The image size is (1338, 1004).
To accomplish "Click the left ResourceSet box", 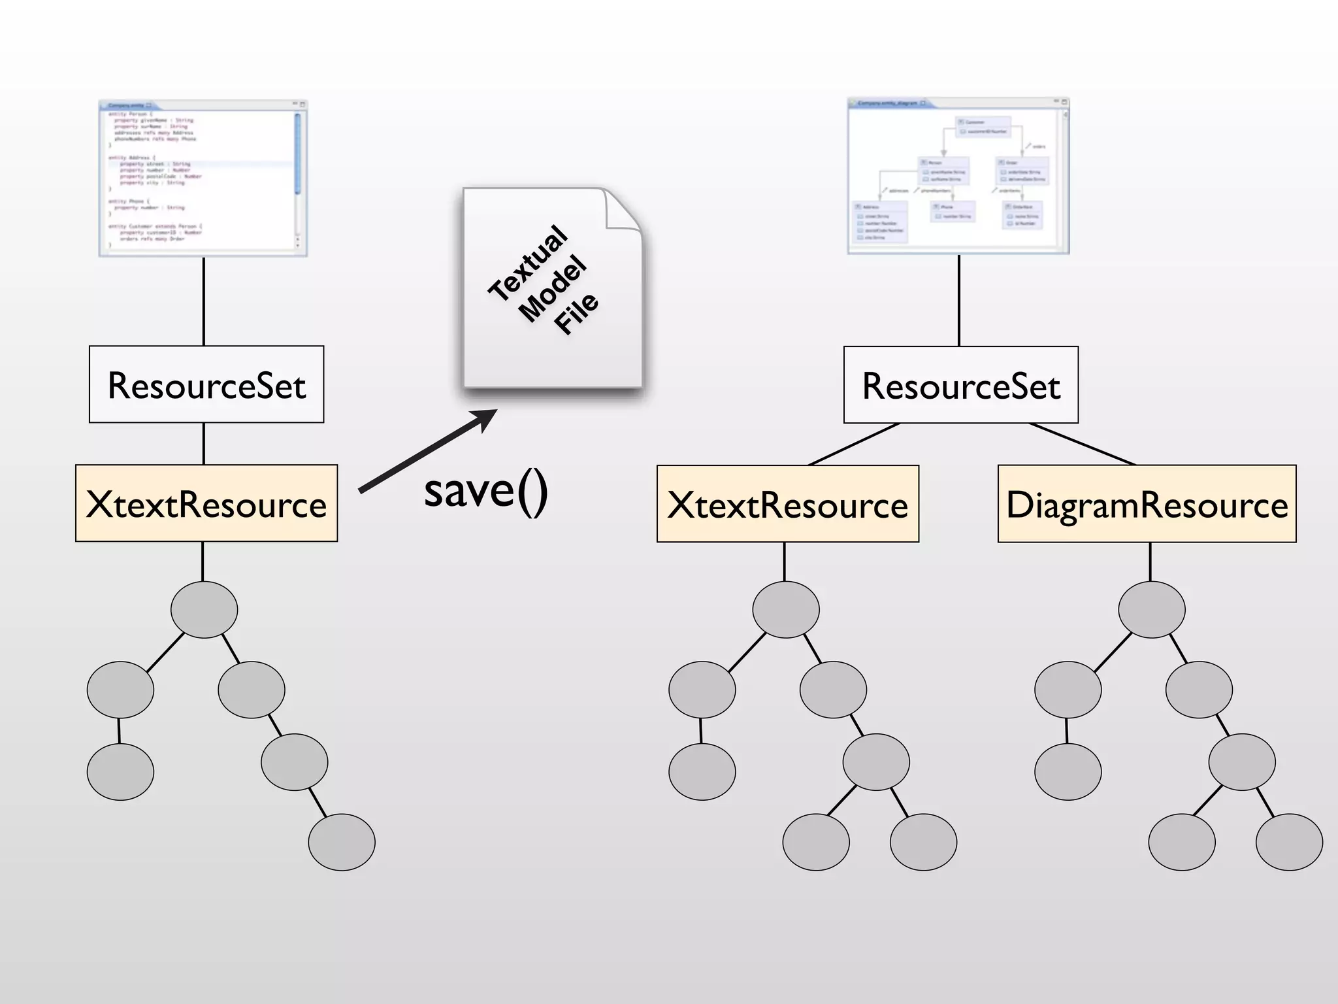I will coord(206,384).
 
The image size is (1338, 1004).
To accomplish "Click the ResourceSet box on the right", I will coord(961,385).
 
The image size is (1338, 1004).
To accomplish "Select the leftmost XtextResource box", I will coord(206,503).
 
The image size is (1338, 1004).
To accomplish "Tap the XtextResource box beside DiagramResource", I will coord(788,504).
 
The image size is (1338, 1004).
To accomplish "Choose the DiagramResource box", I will coord(1147,504).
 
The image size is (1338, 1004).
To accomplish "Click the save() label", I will coord(486,491).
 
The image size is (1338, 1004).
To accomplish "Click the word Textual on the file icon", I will coord(528,263).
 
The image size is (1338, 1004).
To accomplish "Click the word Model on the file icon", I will coord(553,289).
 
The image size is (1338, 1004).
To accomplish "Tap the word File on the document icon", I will coord(576,313).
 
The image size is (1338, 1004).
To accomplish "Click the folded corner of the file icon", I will coord(623,210).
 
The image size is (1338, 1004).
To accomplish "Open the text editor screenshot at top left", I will coord(203,178).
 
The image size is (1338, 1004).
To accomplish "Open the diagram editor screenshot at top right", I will coord(958,176).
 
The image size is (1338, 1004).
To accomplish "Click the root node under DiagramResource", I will coord(1152,609).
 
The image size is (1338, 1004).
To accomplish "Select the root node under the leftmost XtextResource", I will coord(204,609).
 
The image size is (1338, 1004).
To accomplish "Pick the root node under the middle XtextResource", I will coord(786,609).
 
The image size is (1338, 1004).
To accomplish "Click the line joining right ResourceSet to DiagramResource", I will coord(1082,444).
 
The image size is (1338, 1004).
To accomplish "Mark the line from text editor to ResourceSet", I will coord(204,301).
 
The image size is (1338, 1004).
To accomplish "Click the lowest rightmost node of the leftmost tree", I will coord(342,842).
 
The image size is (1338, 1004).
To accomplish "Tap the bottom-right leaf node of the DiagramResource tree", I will coord(1289,842).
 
